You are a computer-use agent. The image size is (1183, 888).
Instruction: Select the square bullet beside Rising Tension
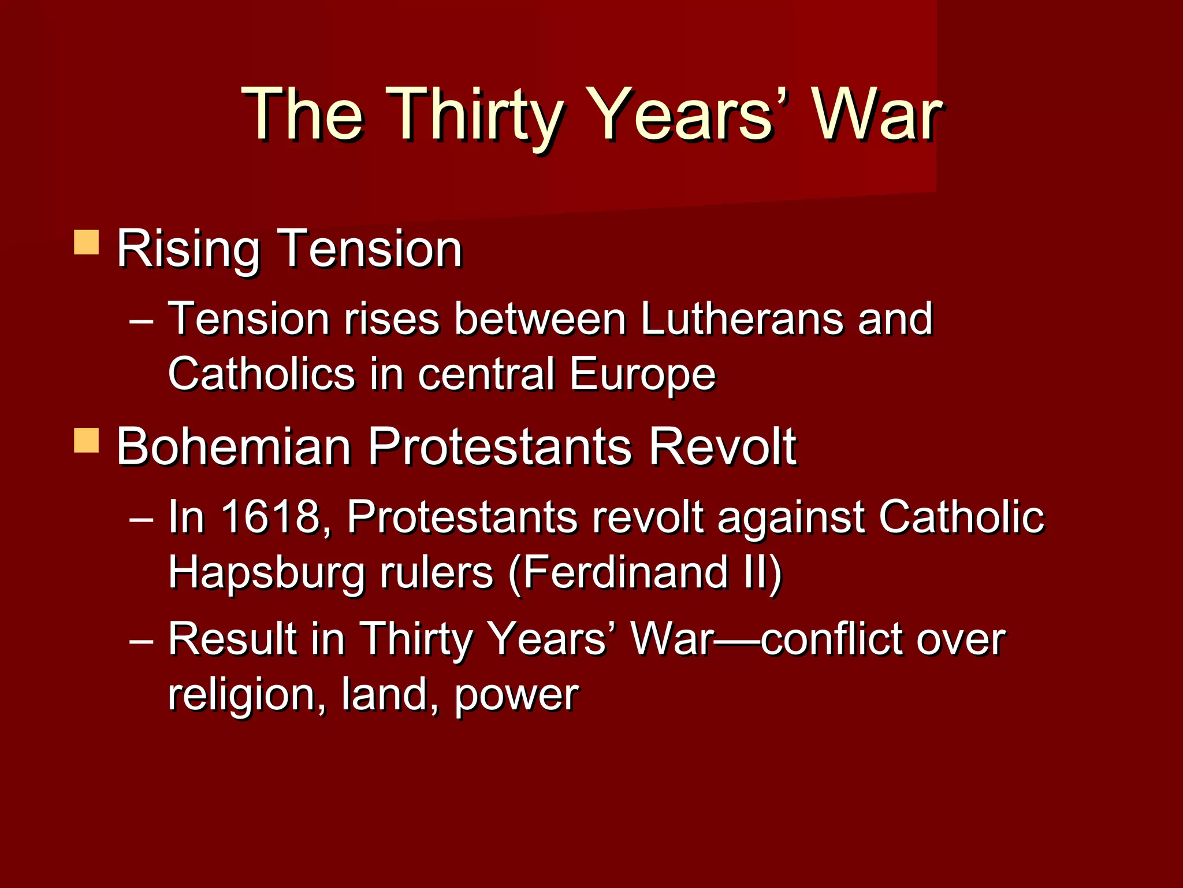[x=87, y=242]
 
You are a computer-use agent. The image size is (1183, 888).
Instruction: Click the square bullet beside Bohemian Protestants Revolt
[x=87, y=441]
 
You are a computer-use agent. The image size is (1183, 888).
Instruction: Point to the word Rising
[x=188, y=250]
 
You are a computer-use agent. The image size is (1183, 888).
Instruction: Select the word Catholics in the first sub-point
[x=261, y=373]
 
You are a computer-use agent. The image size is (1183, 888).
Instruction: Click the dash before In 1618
[x=142, y=518]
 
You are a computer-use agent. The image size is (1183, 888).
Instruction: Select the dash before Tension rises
[x=142, y=320]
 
